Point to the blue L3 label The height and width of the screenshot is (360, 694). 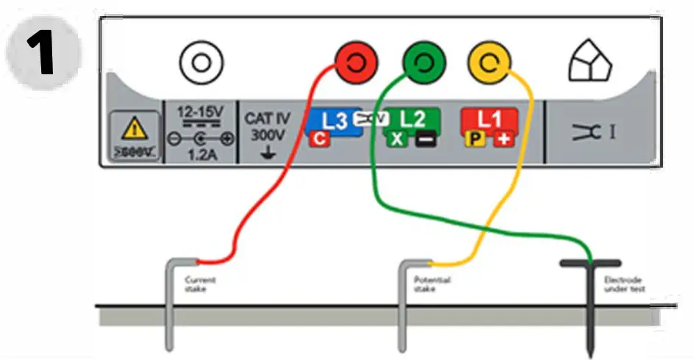pyautogui.click(x=335, y=120)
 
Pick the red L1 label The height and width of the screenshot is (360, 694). pyautogui.click(x=489, y=118)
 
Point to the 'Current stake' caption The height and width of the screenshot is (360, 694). pyautogui.click(x=199, y=284)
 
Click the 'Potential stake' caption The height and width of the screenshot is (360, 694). pyautogui.click(x=432, y=284)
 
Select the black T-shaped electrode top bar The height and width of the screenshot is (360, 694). pyautogui.click(x=590, y=262)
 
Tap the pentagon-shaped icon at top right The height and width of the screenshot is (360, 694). pyautogui.click(x=590, y=64)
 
